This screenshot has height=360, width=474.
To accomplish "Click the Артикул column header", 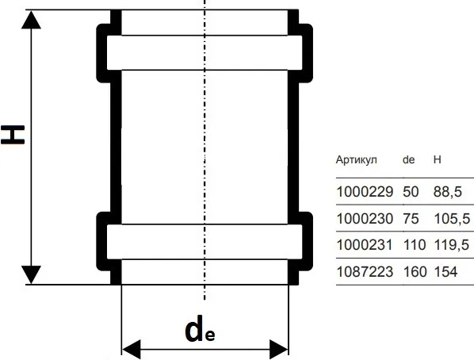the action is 357,159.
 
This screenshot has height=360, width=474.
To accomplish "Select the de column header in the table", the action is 409,159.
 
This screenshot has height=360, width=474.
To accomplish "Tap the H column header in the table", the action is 437,159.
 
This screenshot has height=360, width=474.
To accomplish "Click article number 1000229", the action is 365,191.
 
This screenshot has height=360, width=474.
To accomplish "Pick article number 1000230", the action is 365,218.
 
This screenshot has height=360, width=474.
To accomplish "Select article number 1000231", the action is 365,245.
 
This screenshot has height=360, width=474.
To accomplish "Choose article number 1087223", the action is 365,272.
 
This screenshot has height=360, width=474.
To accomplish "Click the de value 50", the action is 411,191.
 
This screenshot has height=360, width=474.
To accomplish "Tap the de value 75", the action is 411,218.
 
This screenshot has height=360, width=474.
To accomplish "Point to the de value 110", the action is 415,245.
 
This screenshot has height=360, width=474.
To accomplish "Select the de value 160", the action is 415,272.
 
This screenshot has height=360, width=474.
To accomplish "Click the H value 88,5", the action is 448,191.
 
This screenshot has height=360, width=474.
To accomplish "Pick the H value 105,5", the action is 453,218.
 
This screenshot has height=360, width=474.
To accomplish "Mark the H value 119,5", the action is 452,245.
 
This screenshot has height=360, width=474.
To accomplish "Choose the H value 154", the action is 446,272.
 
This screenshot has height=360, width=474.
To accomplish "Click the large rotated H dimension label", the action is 13,134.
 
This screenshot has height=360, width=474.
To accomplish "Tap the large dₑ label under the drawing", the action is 200,329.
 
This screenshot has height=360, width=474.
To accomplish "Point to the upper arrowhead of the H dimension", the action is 31,19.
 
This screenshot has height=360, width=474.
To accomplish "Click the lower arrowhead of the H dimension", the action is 31,274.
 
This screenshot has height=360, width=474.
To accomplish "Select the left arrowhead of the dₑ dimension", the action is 132,350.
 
